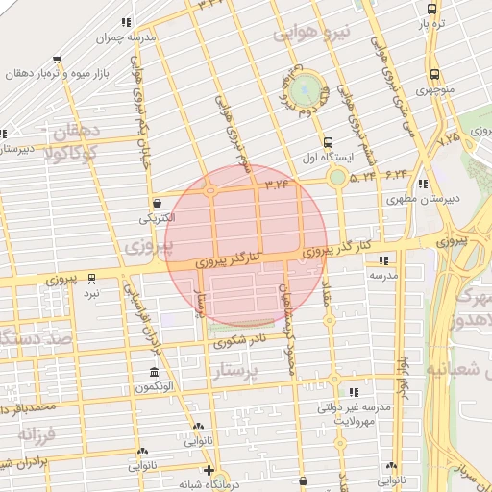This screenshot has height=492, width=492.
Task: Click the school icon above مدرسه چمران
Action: pos(126,22)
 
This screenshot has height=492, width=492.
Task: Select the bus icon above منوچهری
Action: pos(434,75)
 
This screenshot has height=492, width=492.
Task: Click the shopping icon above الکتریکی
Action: pos(157,203)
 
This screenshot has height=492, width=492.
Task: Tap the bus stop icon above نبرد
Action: pos(92,279)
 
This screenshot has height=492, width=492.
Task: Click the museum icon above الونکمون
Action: pos(154,372)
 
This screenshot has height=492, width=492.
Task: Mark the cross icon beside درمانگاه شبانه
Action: pos(209,470)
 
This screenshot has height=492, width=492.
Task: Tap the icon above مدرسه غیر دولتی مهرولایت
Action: pos(355,392)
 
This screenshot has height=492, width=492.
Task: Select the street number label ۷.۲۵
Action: pos(449,138)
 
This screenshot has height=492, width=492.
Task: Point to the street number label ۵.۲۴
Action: pos(363,177)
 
